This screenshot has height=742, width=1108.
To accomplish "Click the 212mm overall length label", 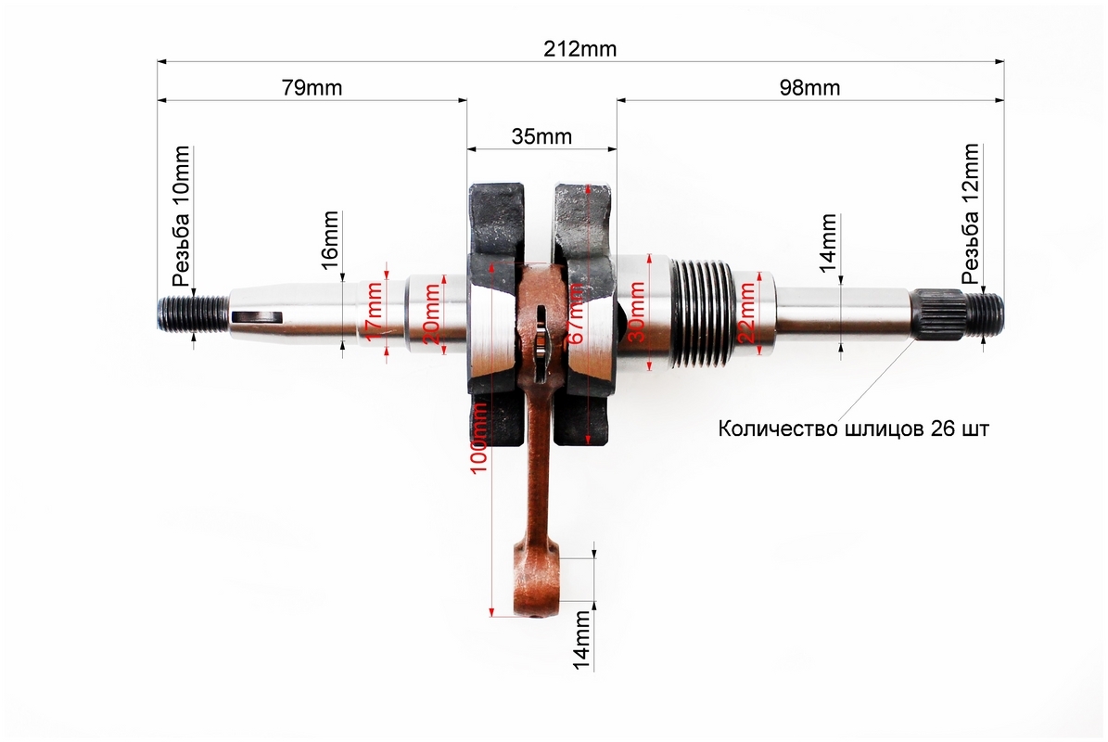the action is click(579, 49).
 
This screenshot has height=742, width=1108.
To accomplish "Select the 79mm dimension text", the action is click(312, 87).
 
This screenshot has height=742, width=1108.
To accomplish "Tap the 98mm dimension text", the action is click(809, 87).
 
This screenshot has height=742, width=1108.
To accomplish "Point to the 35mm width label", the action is click(541, 136).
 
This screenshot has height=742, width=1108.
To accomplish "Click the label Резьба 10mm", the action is click(181, 215).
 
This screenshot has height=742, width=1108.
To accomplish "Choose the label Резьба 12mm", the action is click(971, 214).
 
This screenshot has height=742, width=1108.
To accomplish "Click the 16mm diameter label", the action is click(330, 240).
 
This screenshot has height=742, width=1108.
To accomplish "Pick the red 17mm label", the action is click(375, 311).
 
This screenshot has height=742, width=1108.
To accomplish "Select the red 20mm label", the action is click(431, 314).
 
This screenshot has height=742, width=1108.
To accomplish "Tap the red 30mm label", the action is click(637, 312).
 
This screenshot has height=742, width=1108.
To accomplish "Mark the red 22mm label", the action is click(746, 312).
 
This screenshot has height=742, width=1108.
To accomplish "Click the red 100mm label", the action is click(478, 438).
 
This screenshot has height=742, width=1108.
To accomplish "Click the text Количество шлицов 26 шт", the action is click(854, 429).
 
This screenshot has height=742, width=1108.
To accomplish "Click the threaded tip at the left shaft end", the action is click(193, 313).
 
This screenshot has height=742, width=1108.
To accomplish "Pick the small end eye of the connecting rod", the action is click(536, 583).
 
